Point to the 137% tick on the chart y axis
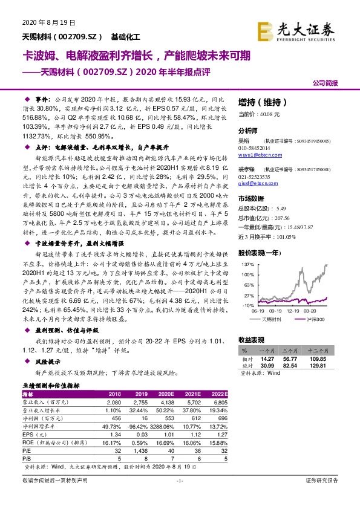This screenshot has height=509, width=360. coord(247,265)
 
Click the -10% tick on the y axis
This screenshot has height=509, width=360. coord(247,306)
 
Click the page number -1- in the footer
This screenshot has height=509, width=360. coord(179,496)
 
